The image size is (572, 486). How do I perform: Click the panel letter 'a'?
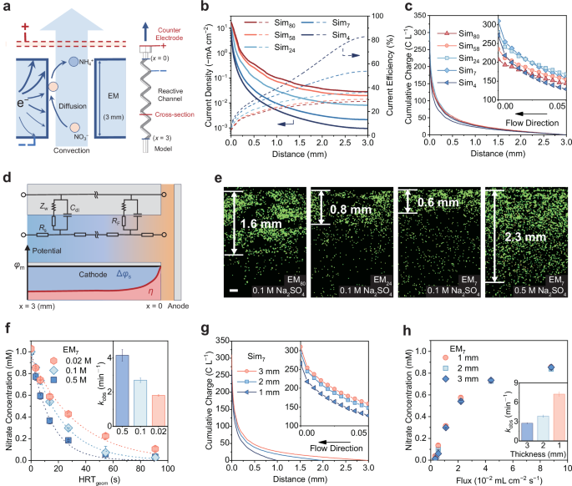pos(7,7)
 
